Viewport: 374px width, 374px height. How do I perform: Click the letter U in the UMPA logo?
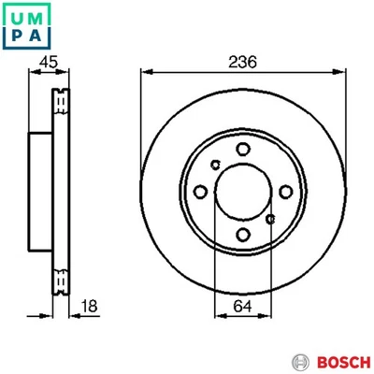coord(16,15)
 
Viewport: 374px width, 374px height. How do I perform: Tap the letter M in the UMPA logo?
coord(36,15)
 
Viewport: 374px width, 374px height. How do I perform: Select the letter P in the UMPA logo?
coord(16,36)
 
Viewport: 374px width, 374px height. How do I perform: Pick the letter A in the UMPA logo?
coord(36,36)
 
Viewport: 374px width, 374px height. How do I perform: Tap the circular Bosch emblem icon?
coord(300,361)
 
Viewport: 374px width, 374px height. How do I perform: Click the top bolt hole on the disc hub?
coord(242,149)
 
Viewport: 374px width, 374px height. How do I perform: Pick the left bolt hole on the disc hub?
coord(199,193)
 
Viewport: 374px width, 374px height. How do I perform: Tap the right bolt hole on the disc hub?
coord(285,193)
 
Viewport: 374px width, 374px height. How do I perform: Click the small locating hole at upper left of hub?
coord(215,165)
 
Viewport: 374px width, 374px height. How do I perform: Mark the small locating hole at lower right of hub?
coord(270,220)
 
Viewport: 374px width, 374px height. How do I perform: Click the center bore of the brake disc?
coord(242,193)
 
